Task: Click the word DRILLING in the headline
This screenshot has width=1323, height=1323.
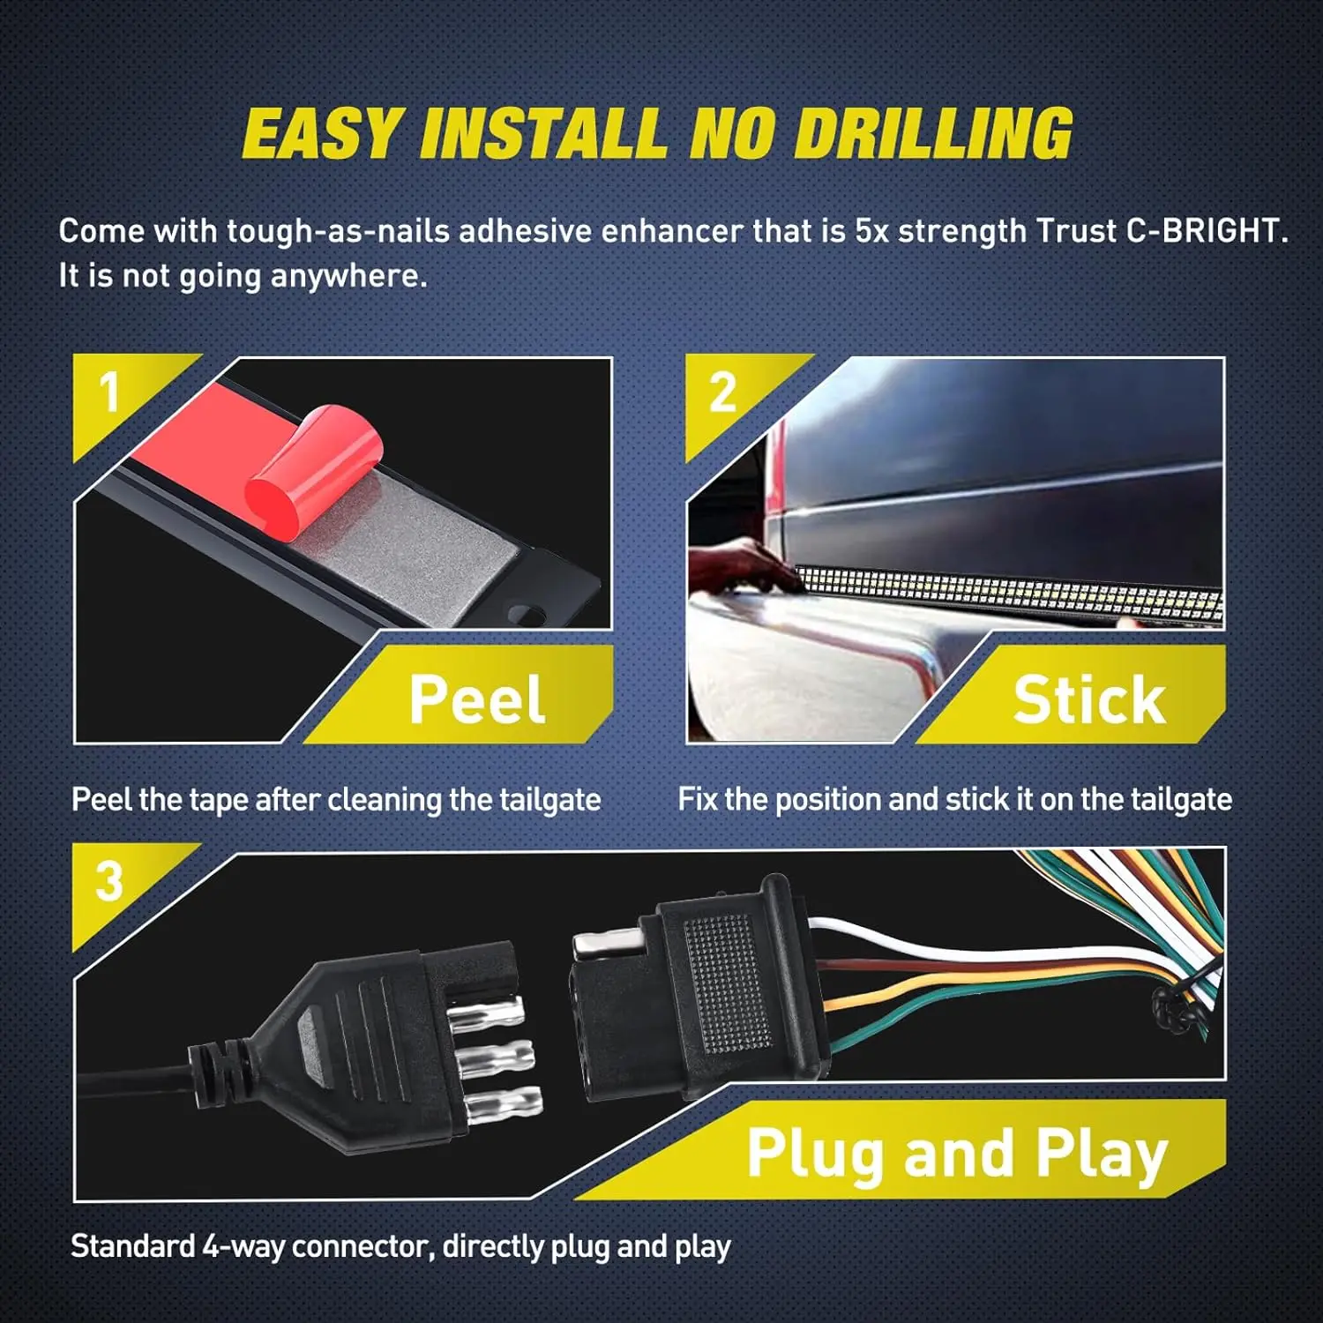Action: tap(933, 134)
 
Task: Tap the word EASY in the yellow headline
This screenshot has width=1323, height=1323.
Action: tap(322, 134)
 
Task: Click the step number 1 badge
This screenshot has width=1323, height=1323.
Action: tap(109, 392)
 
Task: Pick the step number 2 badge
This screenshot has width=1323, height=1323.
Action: tap(722, 392)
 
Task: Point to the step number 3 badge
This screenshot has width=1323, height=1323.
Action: tap(109, 881)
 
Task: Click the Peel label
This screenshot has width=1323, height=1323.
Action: tap(477, 699)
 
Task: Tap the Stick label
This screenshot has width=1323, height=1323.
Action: tap(1089, 699)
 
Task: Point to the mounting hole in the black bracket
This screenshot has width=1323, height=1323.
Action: tap(530, 610)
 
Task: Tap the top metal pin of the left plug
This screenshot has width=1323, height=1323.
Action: tap(490, 1007)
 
